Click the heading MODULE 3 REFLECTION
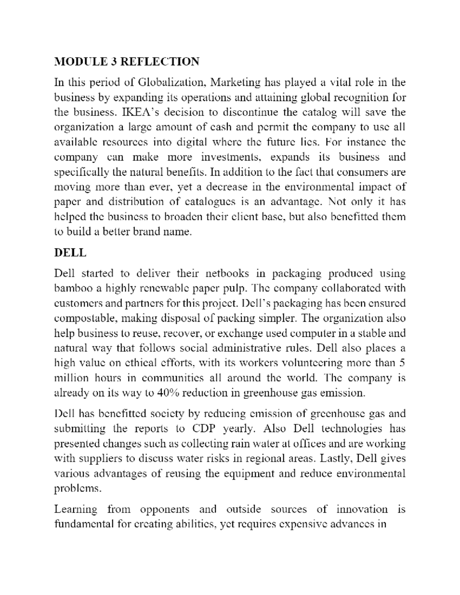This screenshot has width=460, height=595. coord(127,62)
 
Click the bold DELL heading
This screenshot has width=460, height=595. coord(70,253)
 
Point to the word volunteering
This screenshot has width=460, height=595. coord(316,363)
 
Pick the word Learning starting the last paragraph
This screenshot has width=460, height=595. coord(76,510)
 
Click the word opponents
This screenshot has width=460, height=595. coord(165,510)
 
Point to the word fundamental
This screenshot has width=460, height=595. coord(84,525)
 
